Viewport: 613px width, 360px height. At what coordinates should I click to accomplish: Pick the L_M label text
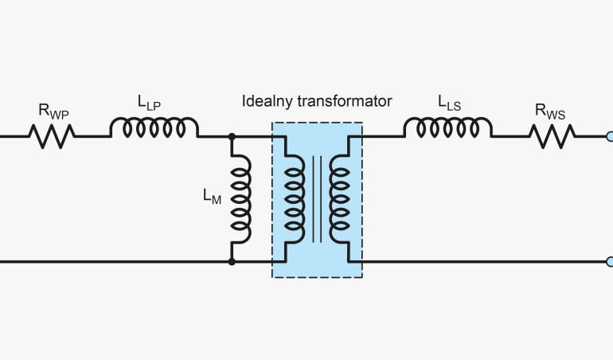coord(213,198)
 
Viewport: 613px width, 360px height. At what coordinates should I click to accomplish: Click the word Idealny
coord(267,102)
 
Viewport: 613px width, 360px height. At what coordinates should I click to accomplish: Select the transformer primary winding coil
coord(295,198)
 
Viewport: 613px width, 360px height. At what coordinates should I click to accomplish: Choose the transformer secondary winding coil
coord(340,198)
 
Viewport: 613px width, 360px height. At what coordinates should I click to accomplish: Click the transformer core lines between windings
coord(318,198)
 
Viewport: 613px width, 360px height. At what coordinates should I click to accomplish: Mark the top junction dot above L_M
coord(232,137)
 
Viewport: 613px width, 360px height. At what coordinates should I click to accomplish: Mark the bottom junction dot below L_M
coord(232,260)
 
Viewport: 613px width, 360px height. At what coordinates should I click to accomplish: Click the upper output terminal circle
coord(609,137)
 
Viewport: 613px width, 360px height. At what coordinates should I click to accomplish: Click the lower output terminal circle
coord(609,260)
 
